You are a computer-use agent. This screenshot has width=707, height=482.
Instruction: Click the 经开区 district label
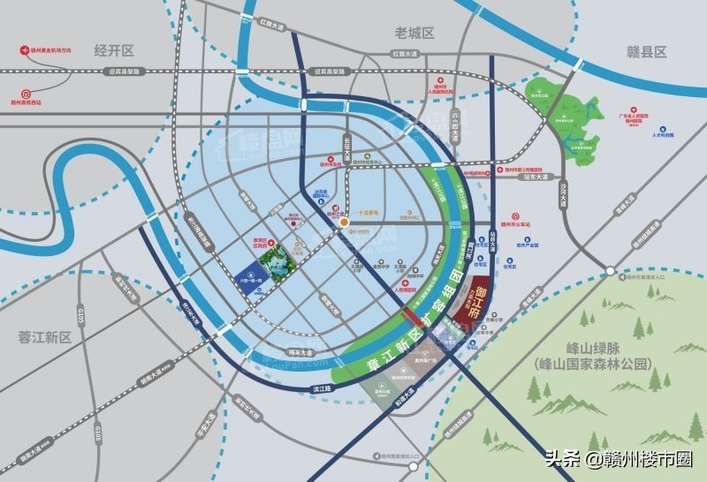113,51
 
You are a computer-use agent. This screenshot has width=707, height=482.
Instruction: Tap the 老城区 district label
414,34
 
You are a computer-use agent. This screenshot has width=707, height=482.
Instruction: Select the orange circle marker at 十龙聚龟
343,222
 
